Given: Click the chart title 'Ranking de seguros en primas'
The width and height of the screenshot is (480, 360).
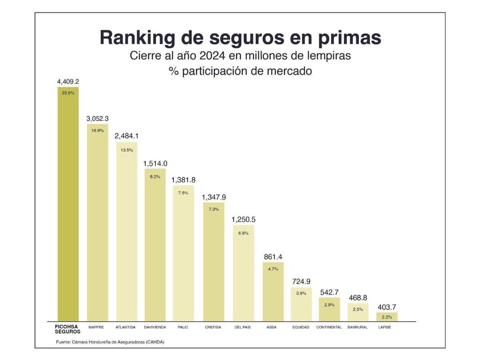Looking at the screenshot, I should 240,38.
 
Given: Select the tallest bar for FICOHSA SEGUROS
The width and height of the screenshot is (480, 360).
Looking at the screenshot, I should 68,206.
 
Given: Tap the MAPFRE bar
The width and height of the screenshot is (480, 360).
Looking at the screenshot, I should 98,225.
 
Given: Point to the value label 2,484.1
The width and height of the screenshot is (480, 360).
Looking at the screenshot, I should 126,136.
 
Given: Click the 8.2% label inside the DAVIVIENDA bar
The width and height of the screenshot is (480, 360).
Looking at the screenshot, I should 155,176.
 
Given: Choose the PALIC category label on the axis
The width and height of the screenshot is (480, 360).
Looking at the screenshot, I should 183,327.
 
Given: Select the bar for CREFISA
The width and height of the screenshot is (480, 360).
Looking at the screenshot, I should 213,263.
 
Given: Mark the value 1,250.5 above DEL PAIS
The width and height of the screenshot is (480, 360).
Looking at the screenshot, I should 243,219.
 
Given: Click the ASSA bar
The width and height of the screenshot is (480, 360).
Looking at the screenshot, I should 273,293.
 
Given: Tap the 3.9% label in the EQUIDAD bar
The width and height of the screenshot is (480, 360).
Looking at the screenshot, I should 301,293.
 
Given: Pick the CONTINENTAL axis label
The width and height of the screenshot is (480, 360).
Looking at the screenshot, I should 329,327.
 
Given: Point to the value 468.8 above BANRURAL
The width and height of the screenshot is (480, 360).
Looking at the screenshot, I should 357,298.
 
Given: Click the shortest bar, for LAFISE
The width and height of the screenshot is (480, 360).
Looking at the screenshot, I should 387,317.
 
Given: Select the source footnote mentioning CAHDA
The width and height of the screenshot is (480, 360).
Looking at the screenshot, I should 110,342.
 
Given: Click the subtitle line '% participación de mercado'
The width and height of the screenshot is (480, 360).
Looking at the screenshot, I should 240,71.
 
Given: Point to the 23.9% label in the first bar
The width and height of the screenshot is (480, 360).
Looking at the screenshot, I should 68,93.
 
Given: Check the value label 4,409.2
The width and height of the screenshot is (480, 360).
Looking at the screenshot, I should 68,81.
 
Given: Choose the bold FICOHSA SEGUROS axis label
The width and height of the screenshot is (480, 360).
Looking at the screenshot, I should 67,329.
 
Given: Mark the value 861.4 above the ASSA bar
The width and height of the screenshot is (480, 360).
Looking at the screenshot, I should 273,257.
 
